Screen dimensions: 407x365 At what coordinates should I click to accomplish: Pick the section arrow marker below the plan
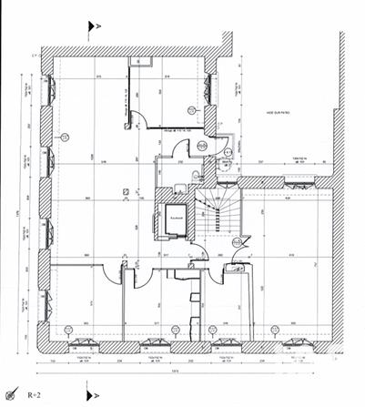point(91,396)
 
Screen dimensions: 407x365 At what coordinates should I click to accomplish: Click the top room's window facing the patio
point(209,86)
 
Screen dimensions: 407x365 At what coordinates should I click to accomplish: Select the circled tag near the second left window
point(66,137)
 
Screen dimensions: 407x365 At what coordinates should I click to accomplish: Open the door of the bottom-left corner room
point(113,270)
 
